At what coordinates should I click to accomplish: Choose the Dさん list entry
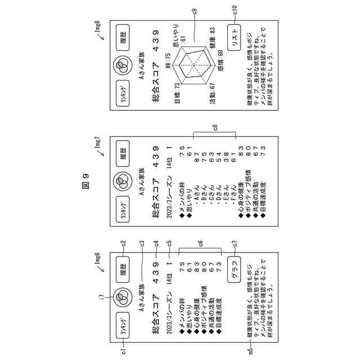point(216,165)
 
